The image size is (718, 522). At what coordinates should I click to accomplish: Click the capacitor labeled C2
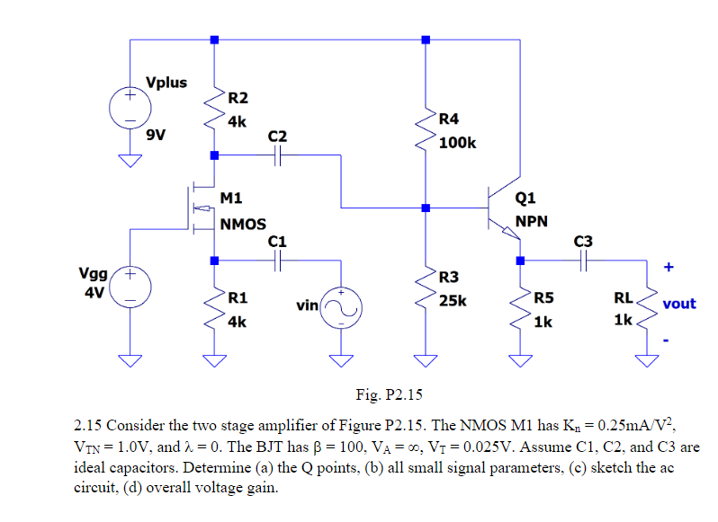tap(278, 155)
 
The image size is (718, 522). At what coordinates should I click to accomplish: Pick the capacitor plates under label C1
tap(278, 261)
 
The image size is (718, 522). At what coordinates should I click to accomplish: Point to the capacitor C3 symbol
tap(583, 261)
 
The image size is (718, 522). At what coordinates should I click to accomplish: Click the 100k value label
tap(458, 142)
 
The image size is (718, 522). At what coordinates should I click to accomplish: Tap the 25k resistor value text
tap(453, 300)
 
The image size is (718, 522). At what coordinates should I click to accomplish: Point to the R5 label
tap(544, 298)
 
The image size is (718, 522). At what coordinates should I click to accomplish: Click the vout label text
tap(679, 304)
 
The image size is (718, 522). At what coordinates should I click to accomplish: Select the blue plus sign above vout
tap(668, 267)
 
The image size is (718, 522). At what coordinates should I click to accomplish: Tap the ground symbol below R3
tap(426, 361)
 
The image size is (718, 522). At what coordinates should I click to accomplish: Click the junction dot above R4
tap(426, 40)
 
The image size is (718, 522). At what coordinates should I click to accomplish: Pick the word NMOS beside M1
tap(243, 224)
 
